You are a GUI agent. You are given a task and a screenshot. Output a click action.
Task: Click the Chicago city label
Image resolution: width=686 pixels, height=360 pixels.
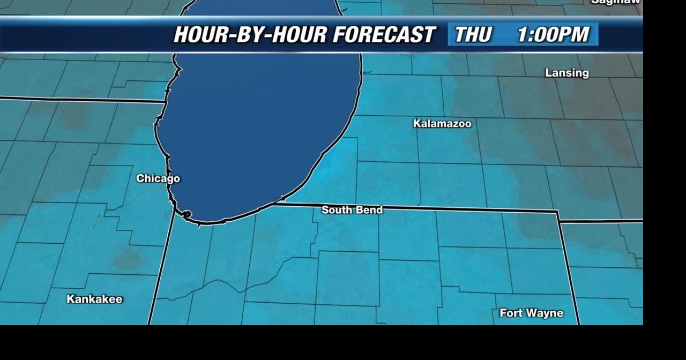(x=158, y=178)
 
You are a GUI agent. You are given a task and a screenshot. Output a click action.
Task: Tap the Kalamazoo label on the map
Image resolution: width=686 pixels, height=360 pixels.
(x=442, y=124)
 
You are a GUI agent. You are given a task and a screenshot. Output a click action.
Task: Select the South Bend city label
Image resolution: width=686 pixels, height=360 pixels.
(x=352, y=210)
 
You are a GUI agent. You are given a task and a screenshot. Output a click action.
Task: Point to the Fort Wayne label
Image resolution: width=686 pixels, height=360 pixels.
(x=531, y=313)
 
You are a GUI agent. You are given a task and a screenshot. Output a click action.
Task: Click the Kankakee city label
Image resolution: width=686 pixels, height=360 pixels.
(x=94, y=299)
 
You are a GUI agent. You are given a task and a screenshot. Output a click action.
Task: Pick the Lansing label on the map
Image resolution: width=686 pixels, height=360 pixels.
(x=566, y=73)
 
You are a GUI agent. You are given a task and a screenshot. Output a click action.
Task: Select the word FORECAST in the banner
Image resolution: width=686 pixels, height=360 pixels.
(x=384, y=35)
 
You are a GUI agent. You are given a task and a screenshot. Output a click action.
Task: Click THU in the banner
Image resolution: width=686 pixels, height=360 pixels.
(x=473, y=35)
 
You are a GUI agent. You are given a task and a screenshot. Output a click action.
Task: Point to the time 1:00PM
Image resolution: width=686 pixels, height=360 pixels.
(x=553, y=35)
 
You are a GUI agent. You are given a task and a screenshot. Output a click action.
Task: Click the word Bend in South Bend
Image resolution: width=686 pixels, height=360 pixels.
(x=370, y=210)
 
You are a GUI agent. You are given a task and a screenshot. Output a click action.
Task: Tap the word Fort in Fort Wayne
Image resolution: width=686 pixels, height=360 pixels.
(x=510, y=313)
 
